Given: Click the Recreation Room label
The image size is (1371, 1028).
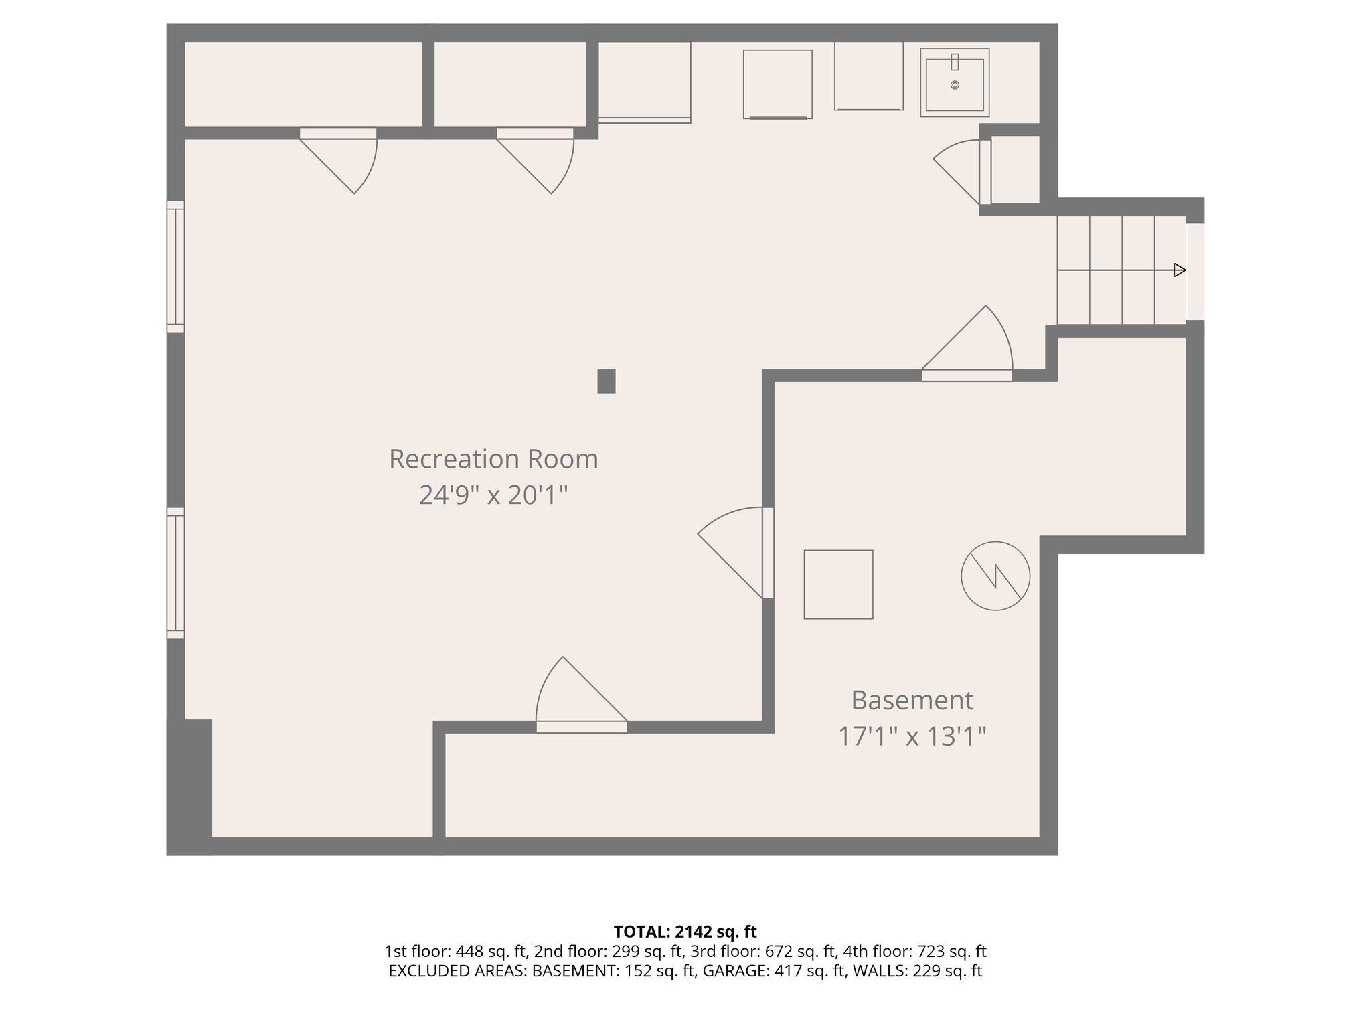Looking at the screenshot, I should coord(493,459).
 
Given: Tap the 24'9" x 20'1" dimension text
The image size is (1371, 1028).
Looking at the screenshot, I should coord(493,495).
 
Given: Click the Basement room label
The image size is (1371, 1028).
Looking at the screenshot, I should coord(912,700).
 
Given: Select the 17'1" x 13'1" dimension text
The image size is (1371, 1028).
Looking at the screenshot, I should coord(912,737).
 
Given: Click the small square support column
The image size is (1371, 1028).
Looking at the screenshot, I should coord(606,381).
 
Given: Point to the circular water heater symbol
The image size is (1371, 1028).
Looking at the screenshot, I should coord(995,576).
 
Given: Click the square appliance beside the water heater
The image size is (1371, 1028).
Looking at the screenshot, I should coord(838,584).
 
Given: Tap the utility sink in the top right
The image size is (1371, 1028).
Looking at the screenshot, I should coord(954,82).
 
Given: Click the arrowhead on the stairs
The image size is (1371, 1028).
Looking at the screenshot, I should coord(1180,270).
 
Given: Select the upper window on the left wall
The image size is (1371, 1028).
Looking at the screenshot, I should coord(175,266).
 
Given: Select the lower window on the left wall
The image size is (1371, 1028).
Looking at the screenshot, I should coord(175,573).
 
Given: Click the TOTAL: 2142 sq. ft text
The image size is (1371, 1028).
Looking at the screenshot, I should coord(685,932).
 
